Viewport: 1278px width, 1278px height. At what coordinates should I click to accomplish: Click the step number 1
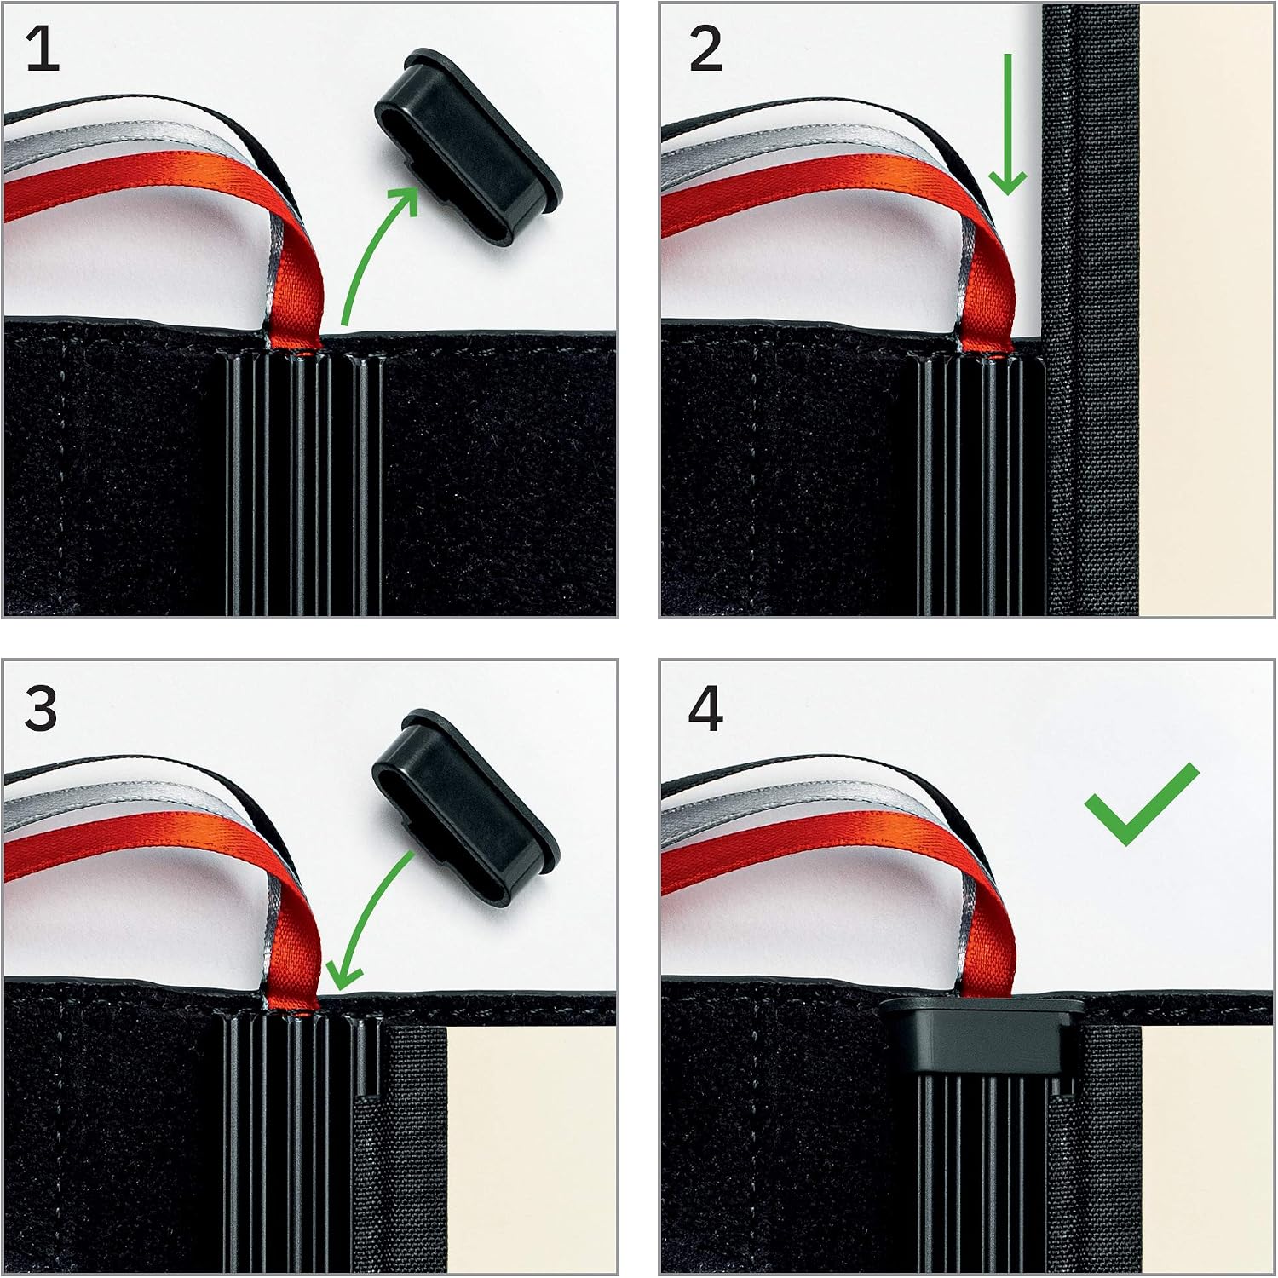click(43, 49)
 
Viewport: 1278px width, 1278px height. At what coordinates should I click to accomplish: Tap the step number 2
click(705, 49)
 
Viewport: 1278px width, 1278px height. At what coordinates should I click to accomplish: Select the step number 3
click(41, 709)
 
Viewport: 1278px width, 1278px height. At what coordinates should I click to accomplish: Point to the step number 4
click(705, 709)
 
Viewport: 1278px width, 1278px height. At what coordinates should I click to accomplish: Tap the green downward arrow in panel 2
click(1008, 124)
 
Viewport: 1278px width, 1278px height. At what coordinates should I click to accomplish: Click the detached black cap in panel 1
click(468, 147)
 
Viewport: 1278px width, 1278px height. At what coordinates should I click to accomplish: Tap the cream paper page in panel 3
click(531, 1150)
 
